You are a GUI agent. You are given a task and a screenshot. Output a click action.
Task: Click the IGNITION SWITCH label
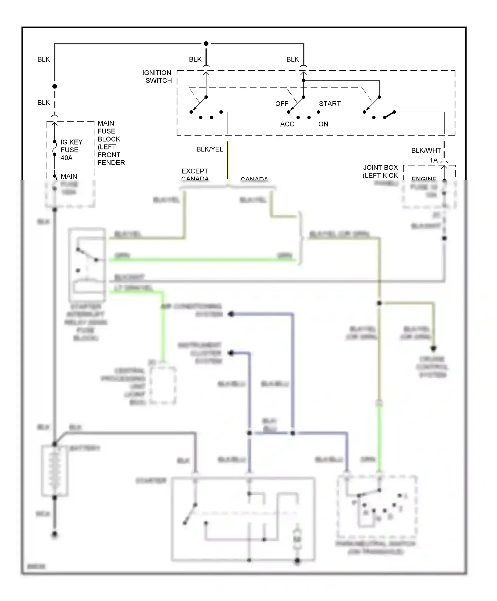click(157, 77)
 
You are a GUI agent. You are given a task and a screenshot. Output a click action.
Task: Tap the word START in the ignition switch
click(330, 104)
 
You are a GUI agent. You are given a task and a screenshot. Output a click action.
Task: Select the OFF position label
click(282, 104)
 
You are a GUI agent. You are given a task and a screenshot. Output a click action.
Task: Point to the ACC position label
click(287, 124)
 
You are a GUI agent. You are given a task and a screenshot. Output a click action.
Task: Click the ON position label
click(323, 124)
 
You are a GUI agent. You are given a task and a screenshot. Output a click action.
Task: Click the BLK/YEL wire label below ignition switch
click(210, 149)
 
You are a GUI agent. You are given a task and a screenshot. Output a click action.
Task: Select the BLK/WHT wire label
click(426, 150)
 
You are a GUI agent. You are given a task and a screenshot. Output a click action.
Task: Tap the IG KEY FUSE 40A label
click(71, 150)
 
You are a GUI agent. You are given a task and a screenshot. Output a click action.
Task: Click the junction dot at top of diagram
click(206, 44)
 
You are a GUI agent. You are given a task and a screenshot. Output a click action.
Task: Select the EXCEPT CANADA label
click(195, 175)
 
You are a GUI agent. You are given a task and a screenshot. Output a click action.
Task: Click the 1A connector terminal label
click(434, 160)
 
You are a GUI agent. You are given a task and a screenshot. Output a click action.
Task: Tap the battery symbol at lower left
click(55, 471)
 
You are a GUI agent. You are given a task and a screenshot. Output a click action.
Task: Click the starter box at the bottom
click(243, 519)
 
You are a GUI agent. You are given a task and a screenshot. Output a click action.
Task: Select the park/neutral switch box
click(377, 507)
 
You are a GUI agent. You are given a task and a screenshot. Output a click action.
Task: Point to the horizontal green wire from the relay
click(202, 260)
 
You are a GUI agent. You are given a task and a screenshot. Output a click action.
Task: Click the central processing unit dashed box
click(163, 385)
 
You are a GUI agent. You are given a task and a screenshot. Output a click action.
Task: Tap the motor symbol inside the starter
click(297, 540)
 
